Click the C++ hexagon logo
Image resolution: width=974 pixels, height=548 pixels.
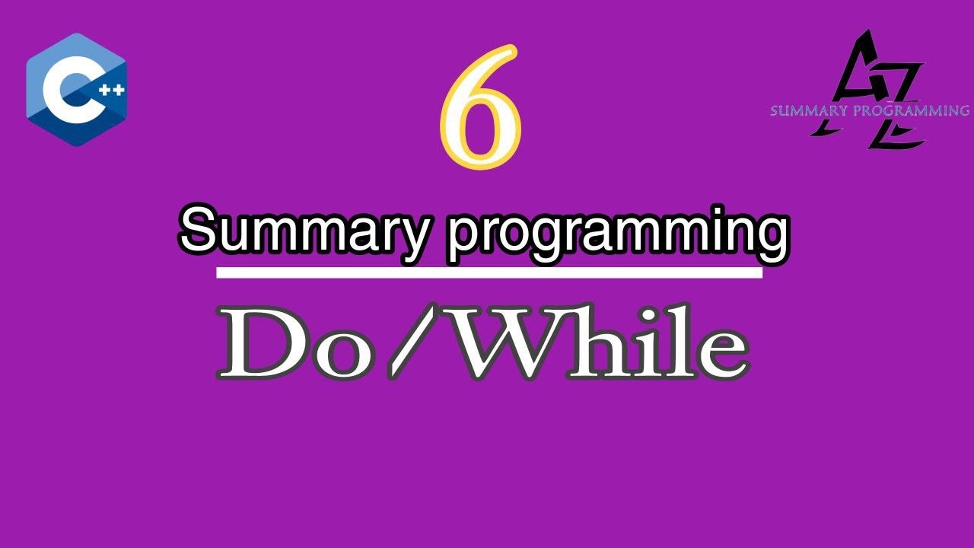[76, 89]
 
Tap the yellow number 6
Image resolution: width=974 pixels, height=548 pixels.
[481, 107]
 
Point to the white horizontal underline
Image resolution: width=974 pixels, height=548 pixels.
[489, 272]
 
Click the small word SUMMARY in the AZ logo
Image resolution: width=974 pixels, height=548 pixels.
[806, 111]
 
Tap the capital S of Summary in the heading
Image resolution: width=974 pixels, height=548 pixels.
[199, 231]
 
